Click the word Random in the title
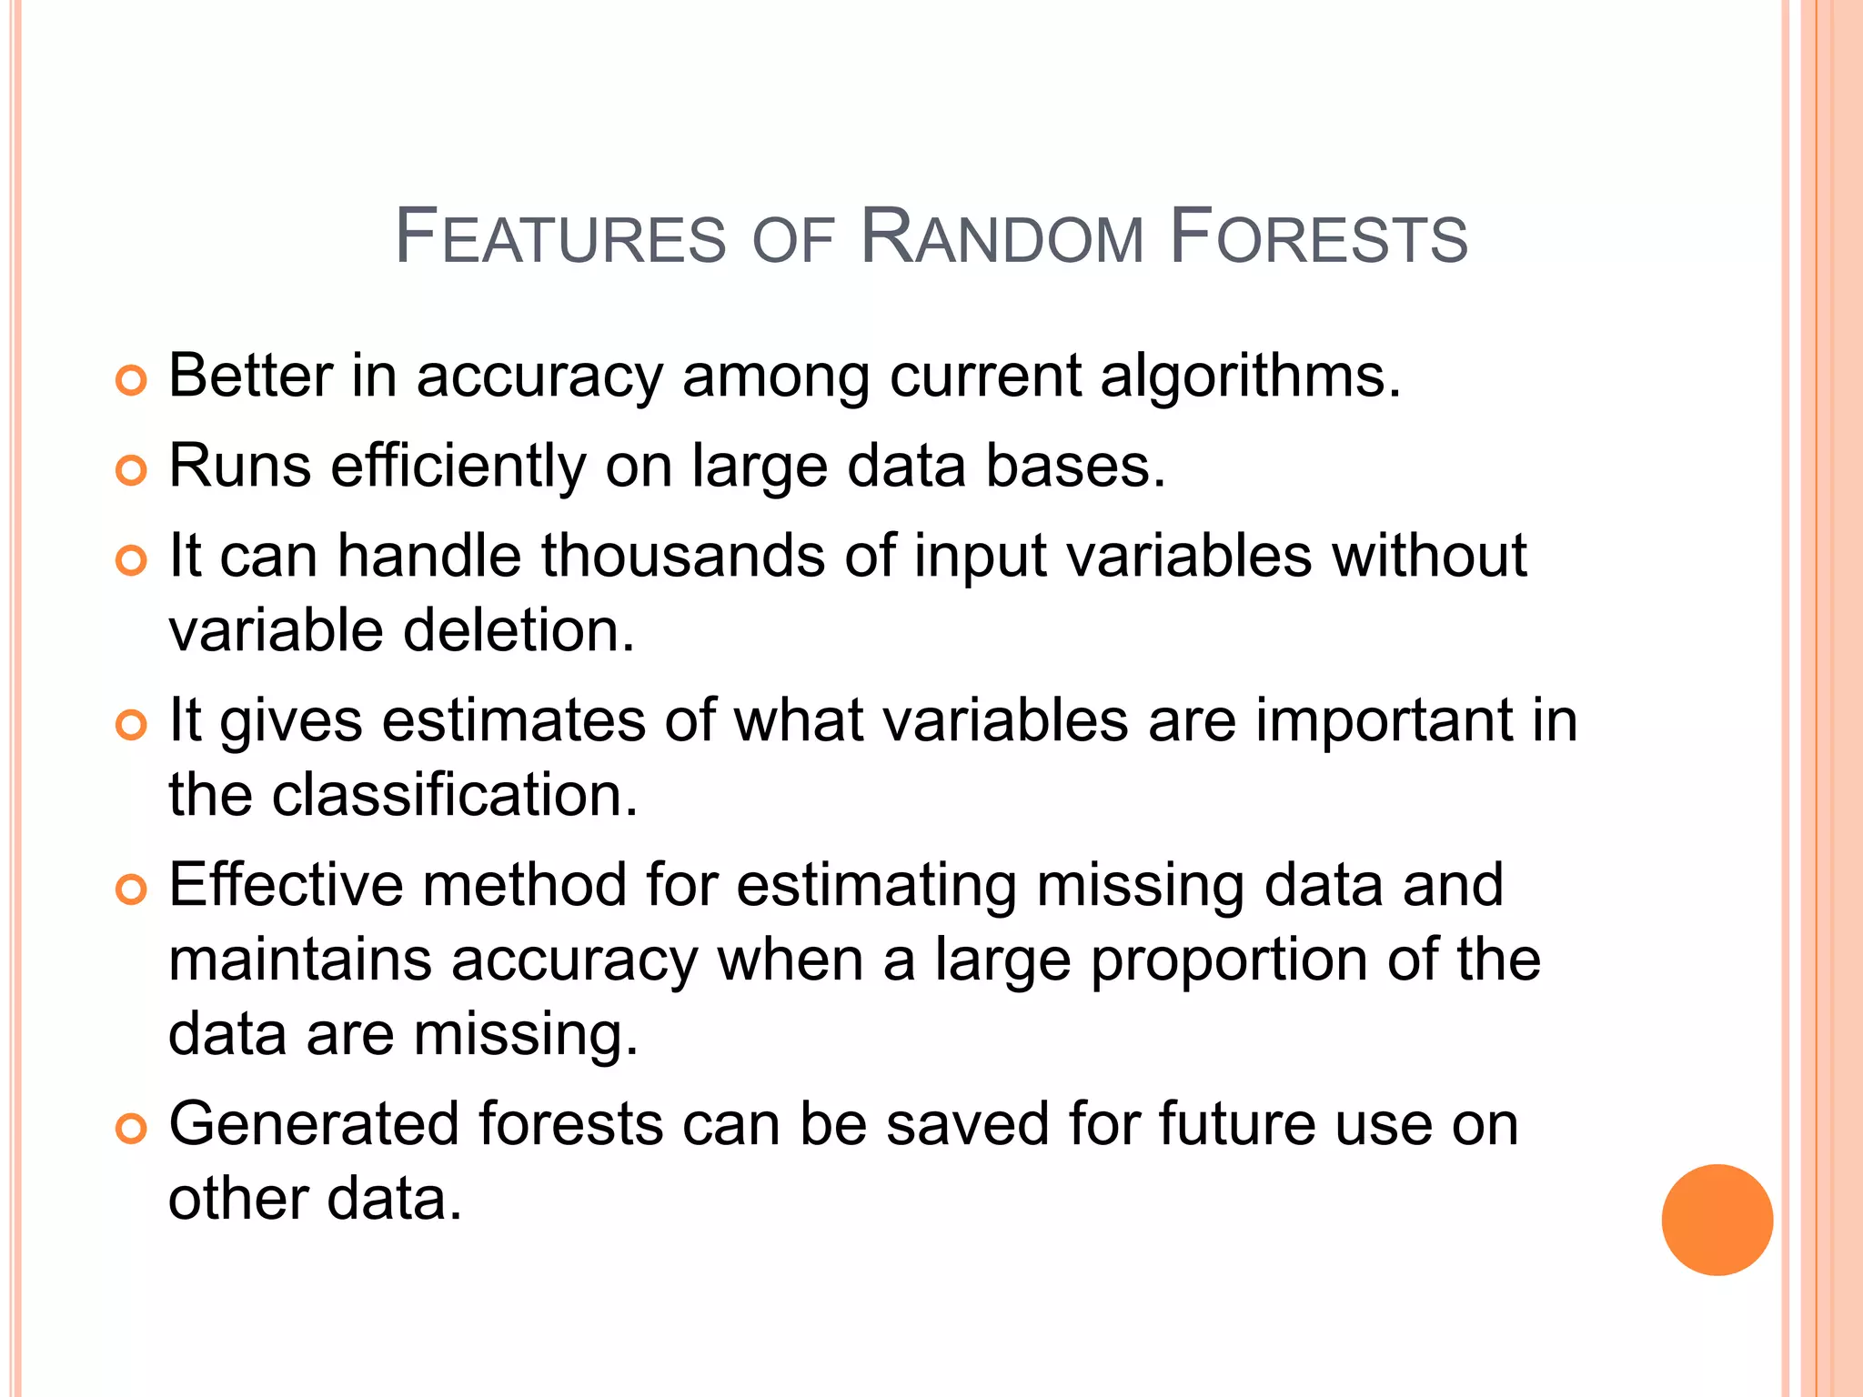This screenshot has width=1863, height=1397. click(1002, 238)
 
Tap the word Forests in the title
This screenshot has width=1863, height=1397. click(1318, 238)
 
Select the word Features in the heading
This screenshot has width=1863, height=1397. click(560, 238)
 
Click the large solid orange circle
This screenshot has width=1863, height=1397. click(1717, 1220)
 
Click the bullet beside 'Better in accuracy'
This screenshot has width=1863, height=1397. click(132, 381)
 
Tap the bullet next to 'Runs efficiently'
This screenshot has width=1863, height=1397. click(132, 471)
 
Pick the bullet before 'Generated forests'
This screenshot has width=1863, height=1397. click(132, 1130)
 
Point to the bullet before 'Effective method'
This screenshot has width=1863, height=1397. click(132, 890)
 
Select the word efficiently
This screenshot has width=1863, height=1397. click(458, 466)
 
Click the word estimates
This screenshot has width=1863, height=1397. click(513, 720)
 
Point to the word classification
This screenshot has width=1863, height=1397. click(455, 795)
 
